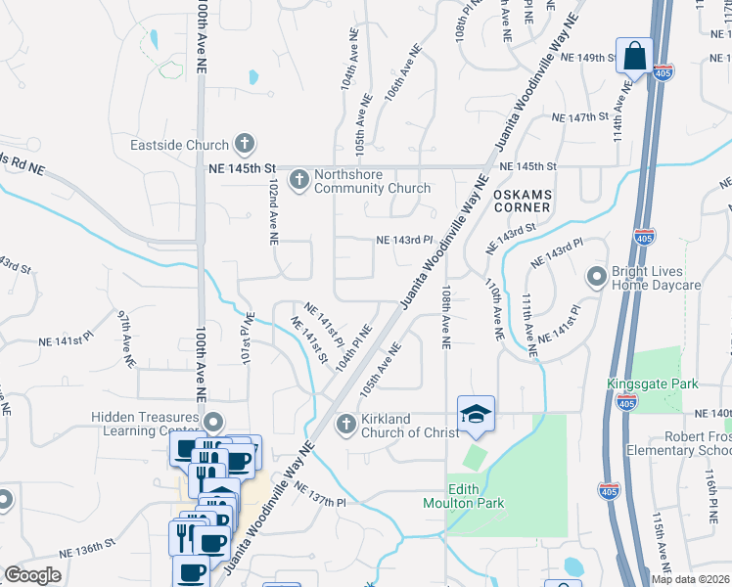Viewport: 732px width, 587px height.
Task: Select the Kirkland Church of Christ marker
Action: coord(344,424)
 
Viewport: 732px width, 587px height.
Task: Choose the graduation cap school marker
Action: coord(476,415)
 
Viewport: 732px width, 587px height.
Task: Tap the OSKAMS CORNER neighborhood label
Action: coord(522,203)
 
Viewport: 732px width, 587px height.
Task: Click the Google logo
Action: coord(32,574)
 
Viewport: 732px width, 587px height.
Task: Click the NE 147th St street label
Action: coord(580,117)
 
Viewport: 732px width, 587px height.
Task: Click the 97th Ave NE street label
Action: coord(125,339)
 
